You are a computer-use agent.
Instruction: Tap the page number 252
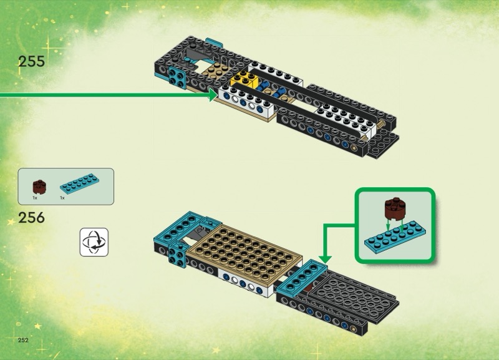[24, 340]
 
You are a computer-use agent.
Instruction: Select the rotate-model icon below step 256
[94, 241]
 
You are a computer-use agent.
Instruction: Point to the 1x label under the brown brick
[36, 198]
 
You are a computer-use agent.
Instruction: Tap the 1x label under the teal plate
[62, 198]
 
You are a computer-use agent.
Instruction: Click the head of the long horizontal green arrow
[214, 95]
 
